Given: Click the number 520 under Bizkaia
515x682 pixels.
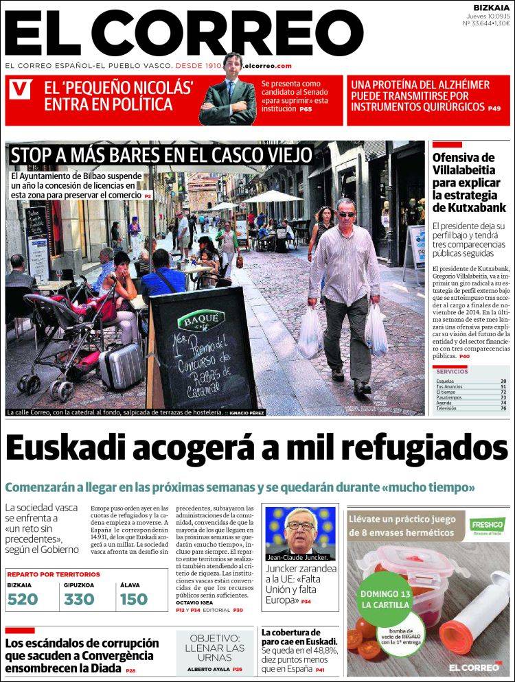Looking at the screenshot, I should click(x=22, y=599).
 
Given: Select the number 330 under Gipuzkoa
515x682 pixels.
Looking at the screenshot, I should click(x=79, y=599).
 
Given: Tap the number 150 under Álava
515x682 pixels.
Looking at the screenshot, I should click(x=133, y=599).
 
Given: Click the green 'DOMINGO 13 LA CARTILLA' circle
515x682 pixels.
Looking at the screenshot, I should click(x=385, y=598).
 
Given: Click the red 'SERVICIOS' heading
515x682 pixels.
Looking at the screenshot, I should click(x=452, y=371).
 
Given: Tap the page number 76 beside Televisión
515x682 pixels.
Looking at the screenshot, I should click(x=503, y=408).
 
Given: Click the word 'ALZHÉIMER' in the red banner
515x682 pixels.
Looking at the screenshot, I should click(x=459, y=85).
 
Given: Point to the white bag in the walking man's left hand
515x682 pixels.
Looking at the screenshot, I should click(x=376, y=329).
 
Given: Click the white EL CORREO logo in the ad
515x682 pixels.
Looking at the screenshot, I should click(x=474, y=666).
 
